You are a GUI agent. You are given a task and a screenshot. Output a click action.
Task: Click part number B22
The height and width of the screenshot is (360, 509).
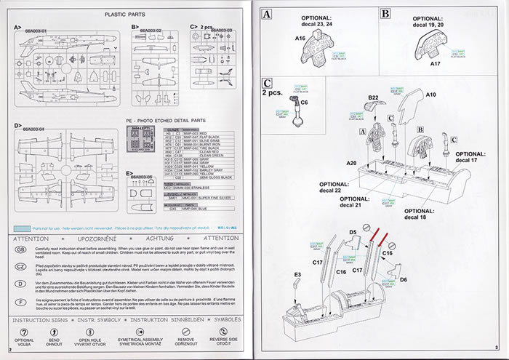click(374, 97)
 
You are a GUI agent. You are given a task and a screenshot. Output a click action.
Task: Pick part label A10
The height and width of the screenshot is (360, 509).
click(430, 95)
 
